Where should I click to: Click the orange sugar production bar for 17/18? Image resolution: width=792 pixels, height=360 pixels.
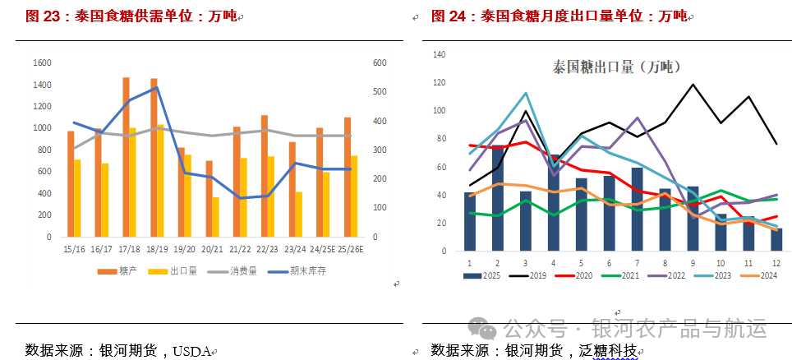pyautogui.click(x=126, y=156)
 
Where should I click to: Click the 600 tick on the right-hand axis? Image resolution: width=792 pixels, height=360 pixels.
pyautogui.click(x=379, y=63)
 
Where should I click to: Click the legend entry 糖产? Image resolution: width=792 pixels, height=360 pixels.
pyautogui.click(x=119, y=271)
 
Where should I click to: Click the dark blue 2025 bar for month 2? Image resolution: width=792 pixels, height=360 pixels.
pyautogui.click(x=497, y=198)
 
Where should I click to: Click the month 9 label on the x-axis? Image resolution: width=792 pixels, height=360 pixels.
pyautogui.click(x=693, y=263)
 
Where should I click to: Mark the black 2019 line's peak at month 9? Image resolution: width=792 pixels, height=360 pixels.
pyautogui.click(x=693, y=84)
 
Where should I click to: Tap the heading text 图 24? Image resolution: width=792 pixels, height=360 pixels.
pyautogui.click(x=450, y=16)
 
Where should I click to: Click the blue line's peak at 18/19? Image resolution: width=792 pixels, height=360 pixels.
pyautogui.click(x=156, y=87)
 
